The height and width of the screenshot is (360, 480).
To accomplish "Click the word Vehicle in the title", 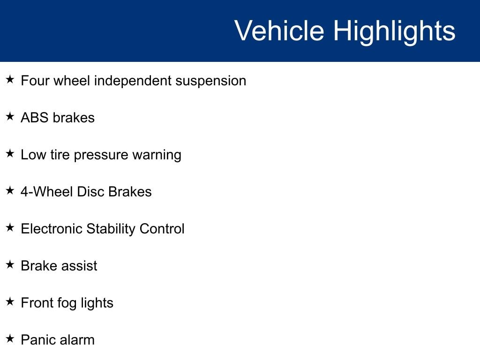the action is click(x=279, y=30).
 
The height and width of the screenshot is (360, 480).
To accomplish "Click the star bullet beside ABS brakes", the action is click(x=10, y=116).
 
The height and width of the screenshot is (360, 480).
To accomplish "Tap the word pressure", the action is click(x=101, y=155).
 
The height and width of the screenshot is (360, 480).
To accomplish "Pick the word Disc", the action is click(x=90, y=192).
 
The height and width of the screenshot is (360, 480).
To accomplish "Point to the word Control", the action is click(x=162, y=229).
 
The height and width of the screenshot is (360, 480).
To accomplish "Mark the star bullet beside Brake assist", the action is click(x=10, y=264).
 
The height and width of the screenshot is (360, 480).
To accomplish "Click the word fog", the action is click(x=67, y=303).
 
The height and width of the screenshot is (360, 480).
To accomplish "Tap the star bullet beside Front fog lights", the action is click(x=10, y=301).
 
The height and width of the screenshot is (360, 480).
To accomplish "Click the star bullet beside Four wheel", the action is click(x=10, y=79).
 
